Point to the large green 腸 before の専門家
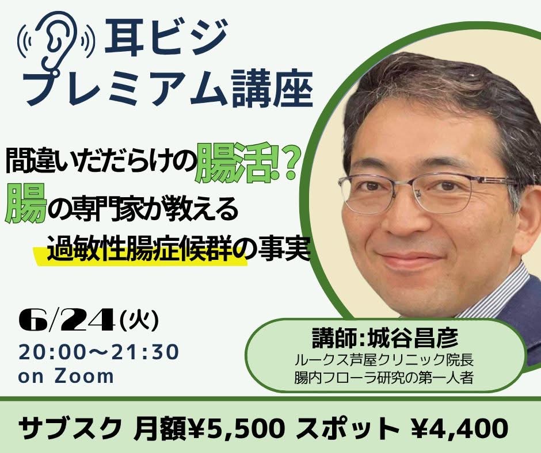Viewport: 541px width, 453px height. point(25,204)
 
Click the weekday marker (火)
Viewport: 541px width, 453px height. point(139,321)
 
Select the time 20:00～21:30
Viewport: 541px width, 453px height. point(98,352)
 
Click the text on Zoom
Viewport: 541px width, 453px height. point(66,376)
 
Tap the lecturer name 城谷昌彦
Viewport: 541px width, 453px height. point(413,337)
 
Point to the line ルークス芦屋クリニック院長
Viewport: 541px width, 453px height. point(384,360)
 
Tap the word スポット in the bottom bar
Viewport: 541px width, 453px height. point(348,428)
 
